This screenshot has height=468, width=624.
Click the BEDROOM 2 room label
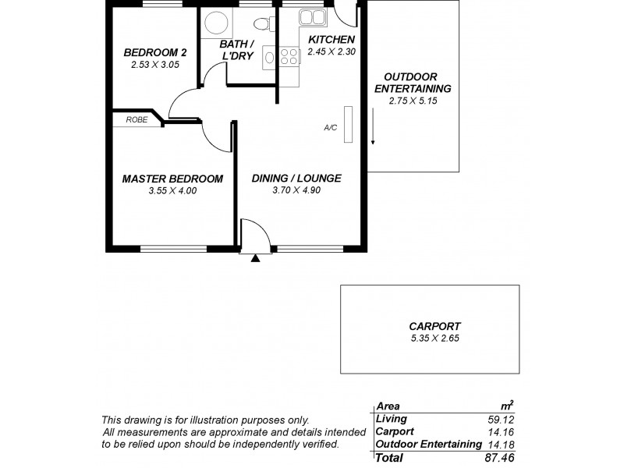point(154,52)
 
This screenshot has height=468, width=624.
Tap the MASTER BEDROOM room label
point(172,179)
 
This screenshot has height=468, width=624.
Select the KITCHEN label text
point(331,40)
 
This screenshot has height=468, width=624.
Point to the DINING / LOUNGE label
point(296,179)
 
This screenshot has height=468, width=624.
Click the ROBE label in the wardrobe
point(136,120)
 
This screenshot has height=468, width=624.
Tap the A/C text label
point(331,127)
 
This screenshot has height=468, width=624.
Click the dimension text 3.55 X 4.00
point(172,190)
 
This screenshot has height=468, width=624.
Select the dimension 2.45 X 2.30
point(331,51)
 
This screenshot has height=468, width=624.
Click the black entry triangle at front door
point(255,257)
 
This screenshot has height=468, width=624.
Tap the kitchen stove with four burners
point(289,55)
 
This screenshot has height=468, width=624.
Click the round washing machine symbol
point(213,23)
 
